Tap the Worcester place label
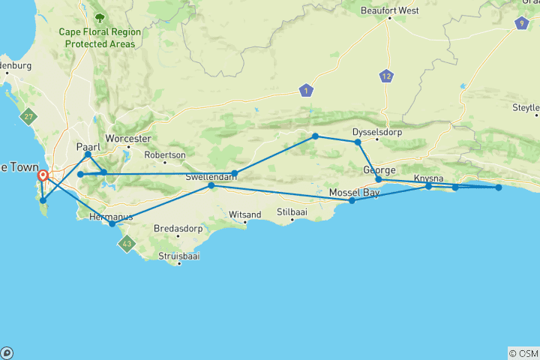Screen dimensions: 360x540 coord(129,139)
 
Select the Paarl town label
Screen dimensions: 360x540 coord(88,147)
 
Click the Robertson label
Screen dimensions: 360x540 coord(164,155)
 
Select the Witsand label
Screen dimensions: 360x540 coord(244,214)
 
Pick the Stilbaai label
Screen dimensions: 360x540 coord(292,211)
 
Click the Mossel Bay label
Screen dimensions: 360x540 coord(354,193)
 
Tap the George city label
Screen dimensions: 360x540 coord(378,169)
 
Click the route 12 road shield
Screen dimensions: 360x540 coord(386,76)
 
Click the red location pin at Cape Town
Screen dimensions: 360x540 coord(43,177)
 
